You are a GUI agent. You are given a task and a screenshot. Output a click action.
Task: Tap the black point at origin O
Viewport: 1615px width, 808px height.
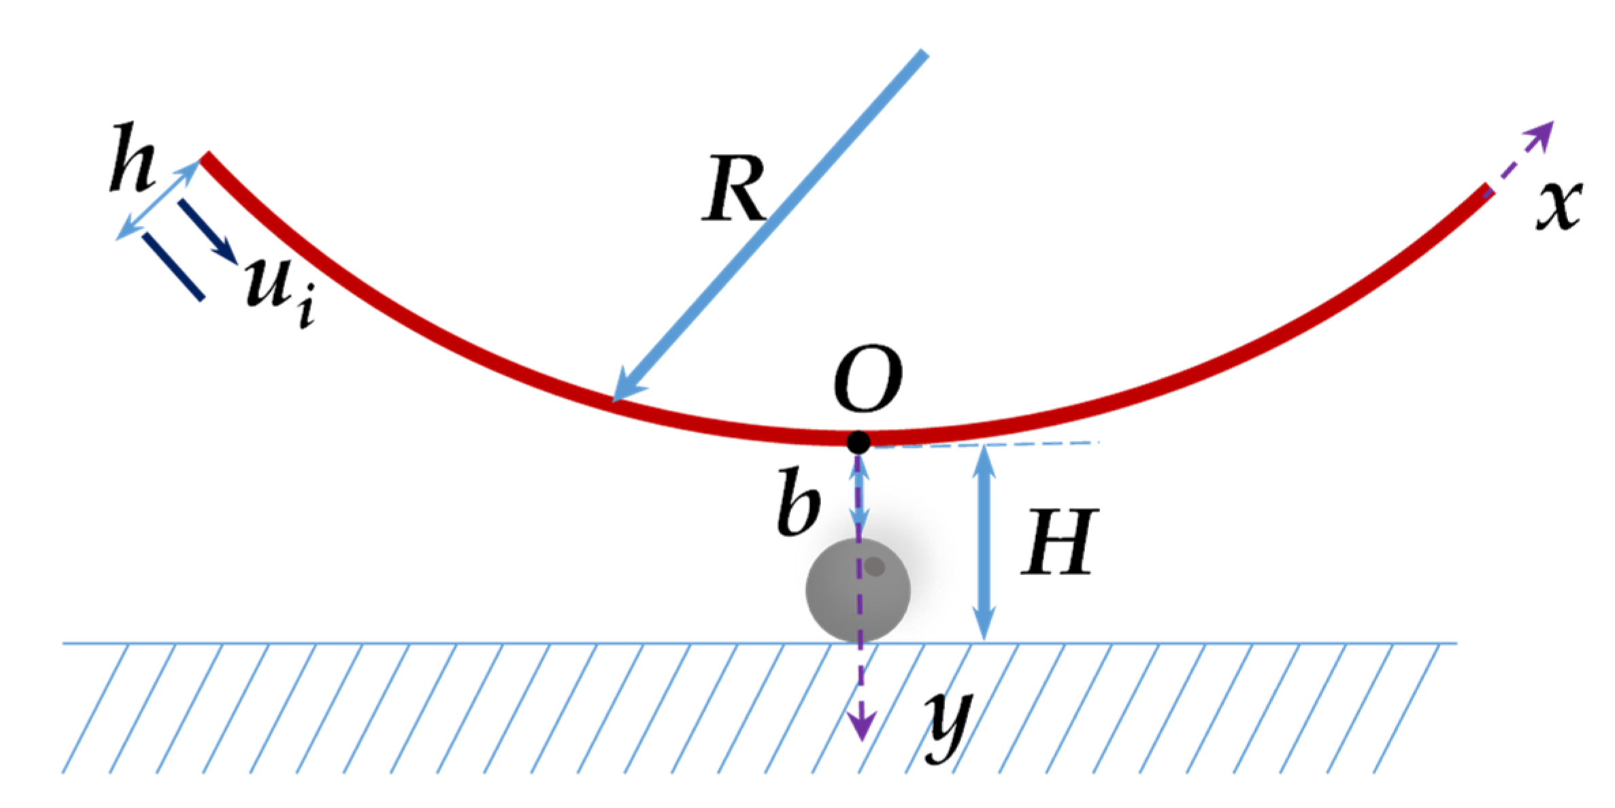tap(859, 442)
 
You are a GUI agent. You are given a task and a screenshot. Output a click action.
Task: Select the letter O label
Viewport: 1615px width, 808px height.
tap(868, 378)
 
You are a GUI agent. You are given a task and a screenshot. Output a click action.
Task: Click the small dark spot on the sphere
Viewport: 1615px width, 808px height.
tap(875, 566)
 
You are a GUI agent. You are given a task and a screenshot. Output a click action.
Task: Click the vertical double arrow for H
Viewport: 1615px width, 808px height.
tap(984, 543)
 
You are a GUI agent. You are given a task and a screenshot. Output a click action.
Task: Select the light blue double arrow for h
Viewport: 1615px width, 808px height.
tap(157, 200)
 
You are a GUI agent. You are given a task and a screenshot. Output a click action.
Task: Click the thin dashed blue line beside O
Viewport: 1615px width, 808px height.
tap(986, 445)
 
